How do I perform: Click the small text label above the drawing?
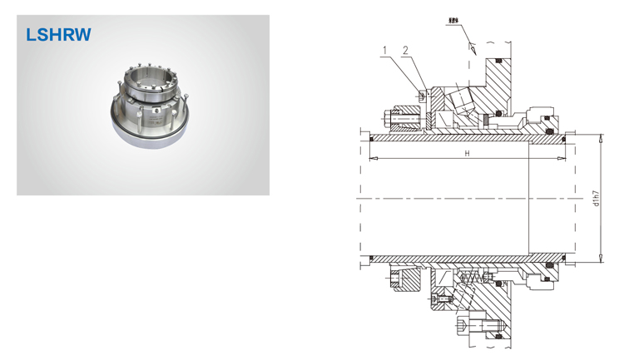(453, 17)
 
